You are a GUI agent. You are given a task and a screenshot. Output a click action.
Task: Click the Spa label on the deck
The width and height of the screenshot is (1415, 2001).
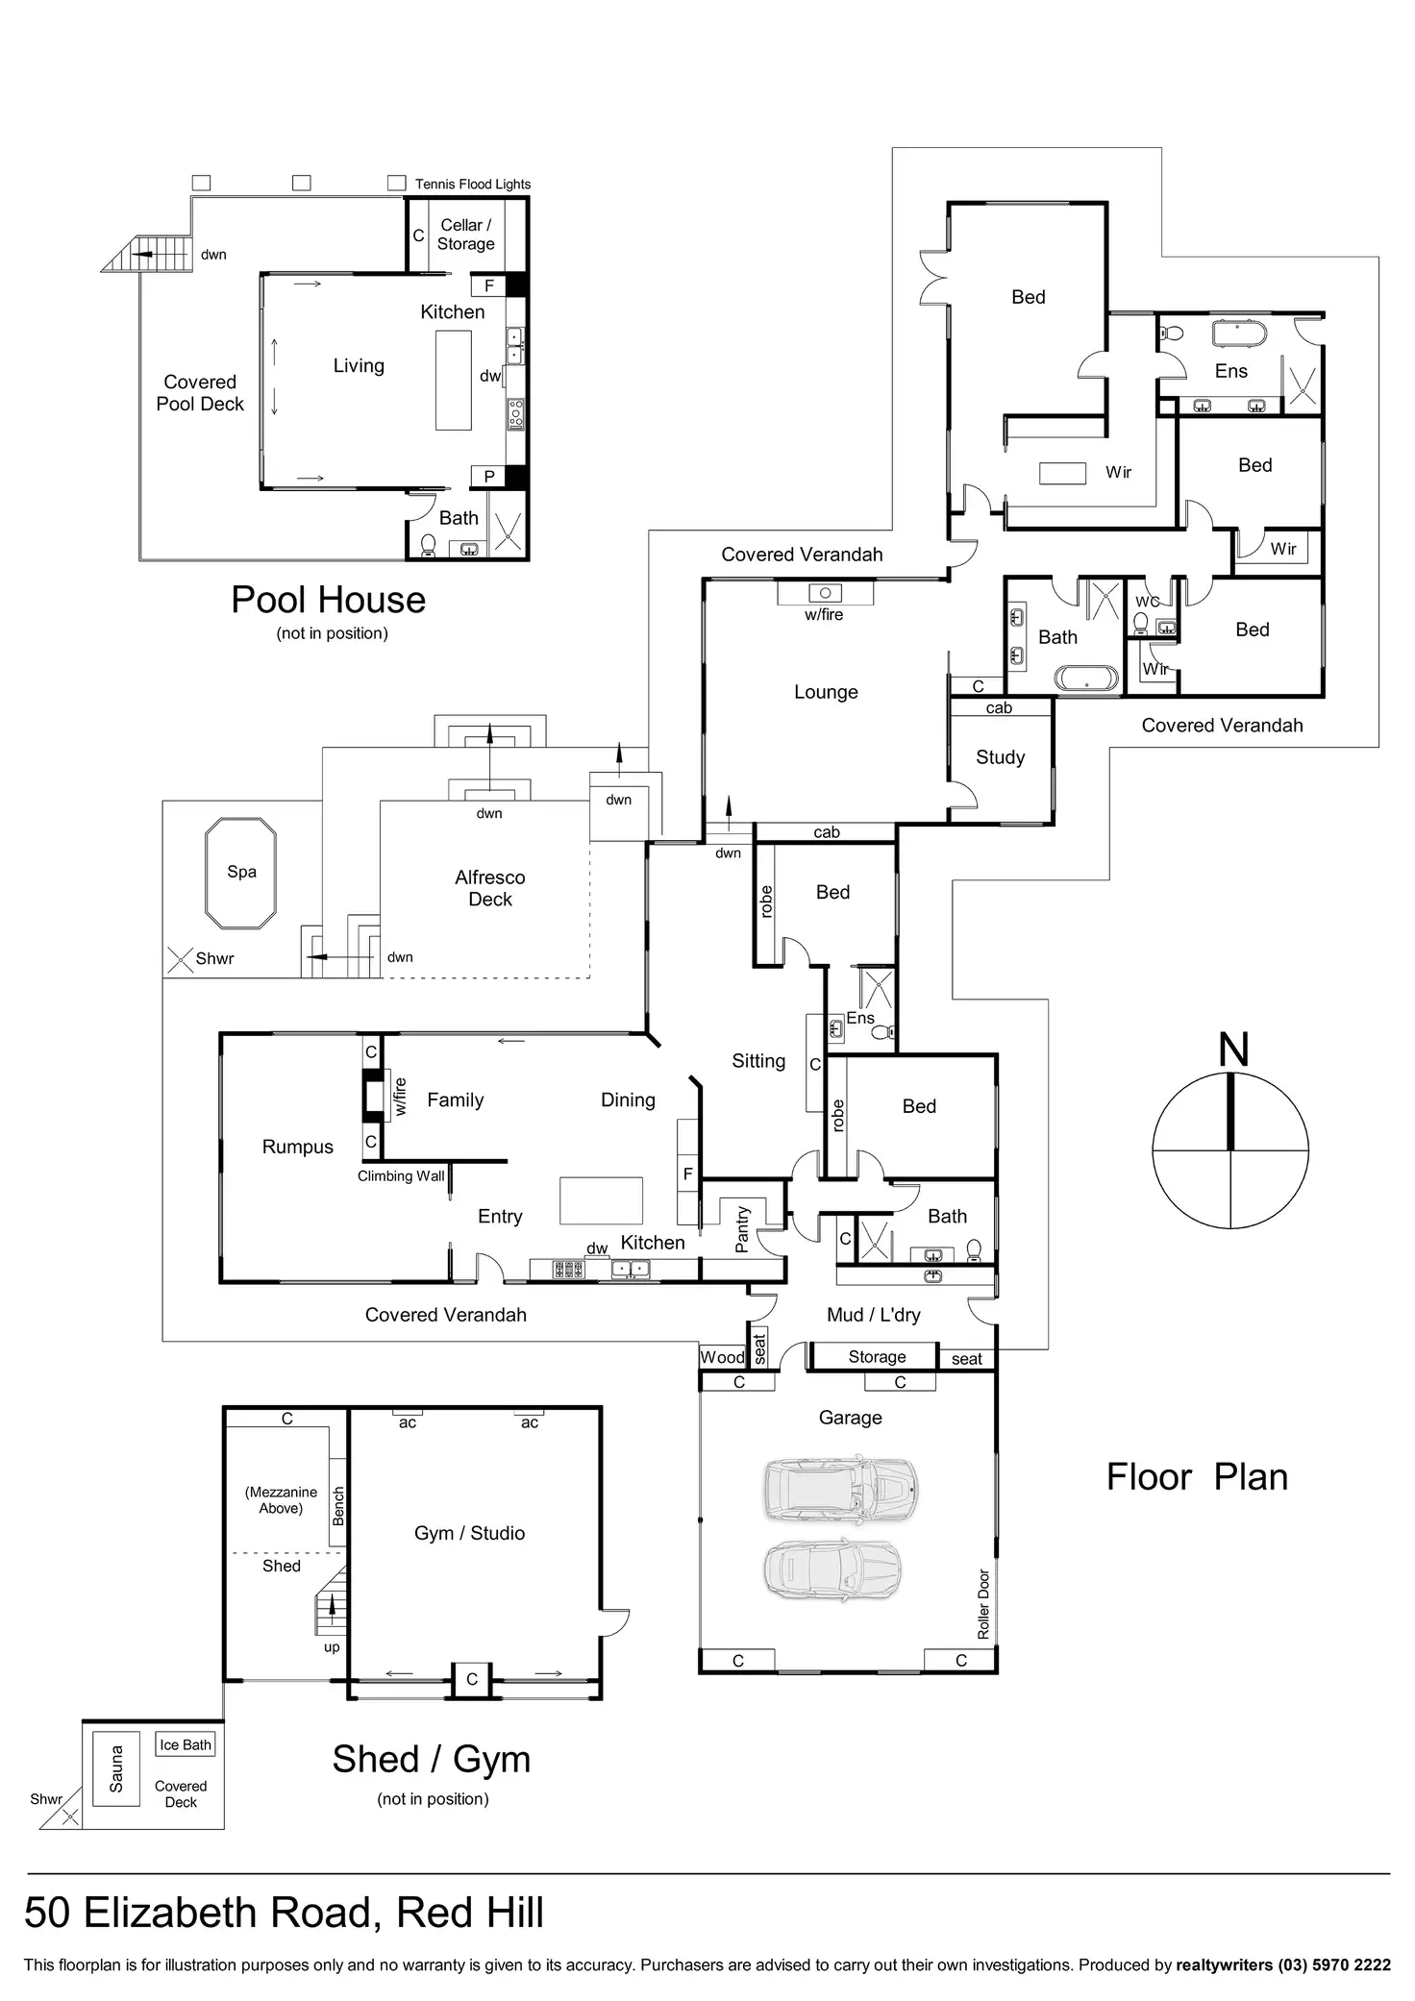pos(241,872)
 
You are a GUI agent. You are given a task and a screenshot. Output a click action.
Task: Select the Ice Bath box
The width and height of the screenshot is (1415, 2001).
pos(186,1744)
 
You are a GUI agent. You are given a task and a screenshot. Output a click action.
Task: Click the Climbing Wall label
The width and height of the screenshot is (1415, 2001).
pos(401,1175)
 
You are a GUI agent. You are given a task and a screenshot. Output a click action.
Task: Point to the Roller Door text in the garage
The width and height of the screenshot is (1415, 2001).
pos(983,1604)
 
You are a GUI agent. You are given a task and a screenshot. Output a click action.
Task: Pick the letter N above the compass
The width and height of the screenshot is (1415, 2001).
pos(1233,1050)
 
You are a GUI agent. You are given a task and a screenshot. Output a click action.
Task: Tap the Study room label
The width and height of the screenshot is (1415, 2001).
pos(1000,757)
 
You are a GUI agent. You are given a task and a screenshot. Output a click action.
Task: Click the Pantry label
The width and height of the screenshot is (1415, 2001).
pos(742,1229)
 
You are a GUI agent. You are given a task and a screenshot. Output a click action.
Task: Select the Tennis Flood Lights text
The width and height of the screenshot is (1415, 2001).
pos(473,184)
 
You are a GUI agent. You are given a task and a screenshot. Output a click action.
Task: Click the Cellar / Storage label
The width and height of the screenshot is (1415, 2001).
pos(466,234)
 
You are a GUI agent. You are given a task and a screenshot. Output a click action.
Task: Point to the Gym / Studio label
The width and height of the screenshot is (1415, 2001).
pos(469,1533)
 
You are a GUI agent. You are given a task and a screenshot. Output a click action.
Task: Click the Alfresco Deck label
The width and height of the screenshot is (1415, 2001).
pos(490,888)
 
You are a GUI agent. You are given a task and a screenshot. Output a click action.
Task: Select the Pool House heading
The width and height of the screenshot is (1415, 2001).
pos(328,600)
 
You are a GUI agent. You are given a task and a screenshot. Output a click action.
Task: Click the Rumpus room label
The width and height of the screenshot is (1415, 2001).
pos(298,1147)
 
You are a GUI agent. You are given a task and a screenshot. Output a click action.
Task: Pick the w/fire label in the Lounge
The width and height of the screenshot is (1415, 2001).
pos(824,614)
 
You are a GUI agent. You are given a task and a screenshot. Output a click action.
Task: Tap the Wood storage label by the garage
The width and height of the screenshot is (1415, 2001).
pos(722,1357)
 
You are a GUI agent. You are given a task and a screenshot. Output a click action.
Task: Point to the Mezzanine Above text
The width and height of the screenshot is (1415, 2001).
pos(281,1500)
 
